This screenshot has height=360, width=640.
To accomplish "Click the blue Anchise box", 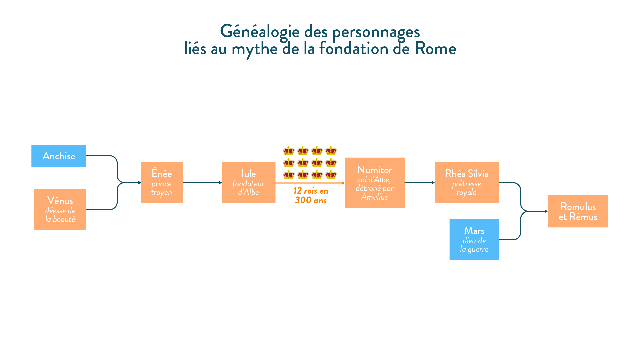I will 59,156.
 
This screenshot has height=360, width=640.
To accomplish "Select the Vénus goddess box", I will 60,209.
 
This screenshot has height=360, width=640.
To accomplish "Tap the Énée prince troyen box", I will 162,183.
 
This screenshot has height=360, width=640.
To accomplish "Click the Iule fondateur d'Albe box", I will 249,183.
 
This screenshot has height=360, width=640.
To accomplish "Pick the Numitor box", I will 375,183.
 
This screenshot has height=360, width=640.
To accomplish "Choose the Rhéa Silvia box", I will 467,182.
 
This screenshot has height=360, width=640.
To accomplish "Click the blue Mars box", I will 474,240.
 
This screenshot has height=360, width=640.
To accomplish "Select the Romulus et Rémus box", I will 578,211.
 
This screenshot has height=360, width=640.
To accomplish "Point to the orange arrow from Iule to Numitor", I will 310,183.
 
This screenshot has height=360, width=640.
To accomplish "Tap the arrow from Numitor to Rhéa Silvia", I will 420,183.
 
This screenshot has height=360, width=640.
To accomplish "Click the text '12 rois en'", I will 311,191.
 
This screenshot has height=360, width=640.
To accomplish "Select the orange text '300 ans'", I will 311,200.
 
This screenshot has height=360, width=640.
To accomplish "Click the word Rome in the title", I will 435,49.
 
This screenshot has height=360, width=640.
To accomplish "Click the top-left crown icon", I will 289,151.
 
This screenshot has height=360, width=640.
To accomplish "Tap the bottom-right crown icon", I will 331,174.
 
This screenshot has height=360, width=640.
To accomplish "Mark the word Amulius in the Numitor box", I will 374,197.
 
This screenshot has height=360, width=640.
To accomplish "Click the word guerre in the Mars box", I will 478,250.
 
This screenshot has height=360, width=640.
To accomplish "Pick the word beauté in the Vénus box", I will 64,219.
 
